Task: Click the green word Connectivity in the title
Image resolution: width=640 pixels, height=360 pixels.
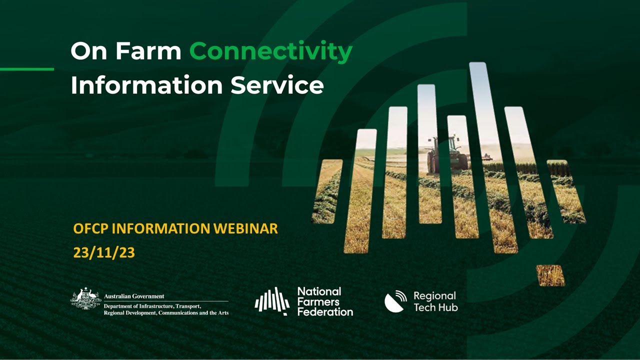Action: tap(270, 51)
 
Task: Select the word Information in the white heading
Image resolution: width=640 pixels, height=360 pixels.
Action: tap(146, 85)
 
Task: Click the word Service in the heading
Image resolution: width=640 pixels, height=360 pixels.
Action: tap(277, 85)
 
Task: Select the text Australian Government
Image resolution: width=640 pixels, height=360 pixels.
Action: tap(134, 296)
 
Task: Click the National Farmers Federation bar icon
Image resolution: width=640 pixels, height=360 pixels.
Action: tap(272, 301)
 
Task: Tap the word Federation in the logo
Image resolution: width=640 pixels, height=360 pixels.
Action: tap(325, 311)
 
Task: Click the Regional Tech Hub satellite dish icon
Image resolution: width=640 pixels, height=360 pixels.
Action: tap(396, 301)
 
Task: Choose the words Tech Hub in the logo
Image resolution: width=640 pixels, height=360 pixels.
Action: tap(435, 307)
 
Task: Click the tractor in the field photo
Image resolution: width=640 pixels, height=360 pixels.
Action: tap(448, 154)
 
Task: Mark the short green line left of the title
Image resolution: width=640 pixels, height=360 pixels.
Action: tap(27, 69)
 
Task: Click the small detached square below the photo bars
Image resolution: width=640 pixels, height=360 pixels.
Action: tap(550, 275)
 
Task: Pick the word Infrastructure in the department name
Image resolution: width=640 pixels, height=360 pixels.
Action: tap(159, 305)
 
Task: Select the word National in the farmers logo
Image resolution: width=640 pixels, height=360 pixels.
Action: tap(319, 291)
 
